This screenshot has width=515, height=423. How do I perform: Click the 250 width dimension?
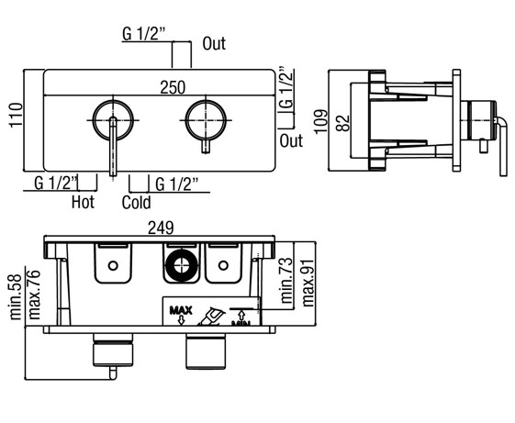point(173,88)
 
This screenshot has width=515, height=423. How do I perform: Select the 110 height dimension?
point(16,116)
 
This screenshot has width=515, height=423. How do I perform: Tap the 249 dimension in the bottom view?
point(161,228)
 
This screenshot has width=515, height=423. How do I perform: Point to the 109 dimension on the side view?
point(321,121)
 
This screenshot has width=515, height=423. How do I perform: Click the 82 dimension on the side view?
point(343,123)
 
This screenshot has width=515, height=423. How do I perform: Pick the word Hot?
point(83,202)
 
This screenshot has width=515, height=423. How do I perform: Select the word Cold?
point(136,202)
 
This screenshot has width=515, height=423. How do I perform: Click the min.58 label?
point(16,297)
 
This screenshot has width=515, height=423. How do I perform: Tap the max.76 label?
point(34,295)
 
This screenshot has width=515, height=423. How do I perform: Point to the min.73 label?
point(286,281)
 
